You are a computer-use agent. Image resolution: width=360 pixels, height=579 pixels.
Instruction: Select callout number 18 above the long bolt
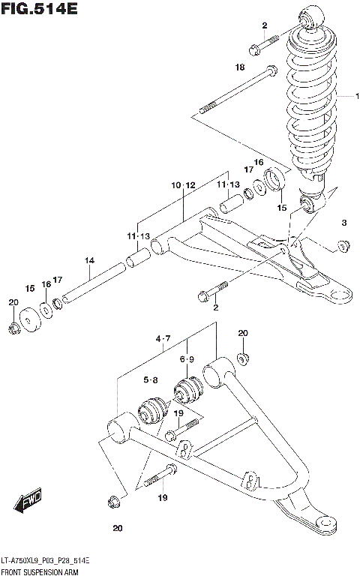tap(240, 67)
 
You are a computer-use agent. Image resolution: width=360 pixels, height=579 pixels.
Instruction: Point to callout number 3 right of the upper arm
tap(344, 223)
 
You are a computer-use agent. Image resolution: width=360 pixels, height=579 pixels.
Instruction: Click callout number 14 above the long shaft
tap(89, 261)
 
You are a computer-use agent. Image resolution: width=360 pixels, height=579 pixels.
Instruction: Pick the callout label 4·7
tap(164, 340)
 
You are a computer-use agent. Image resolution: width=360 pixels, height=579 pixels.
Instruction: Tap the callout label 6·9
tap(187, 359)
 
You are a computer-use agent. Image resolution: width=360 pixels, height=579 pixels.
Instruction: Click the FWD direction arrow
tap(30, 501)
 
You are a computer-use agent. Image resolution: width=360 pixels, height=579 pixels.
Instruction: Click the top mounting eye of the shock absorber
tap(310, 16)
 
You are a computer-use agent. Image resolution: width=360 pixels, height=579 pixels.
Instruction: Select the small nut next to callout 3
tap(344, 244)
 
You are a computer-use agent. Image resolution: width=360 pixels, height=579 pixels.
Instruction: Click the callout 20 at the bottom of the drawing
tap(117, 529)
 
